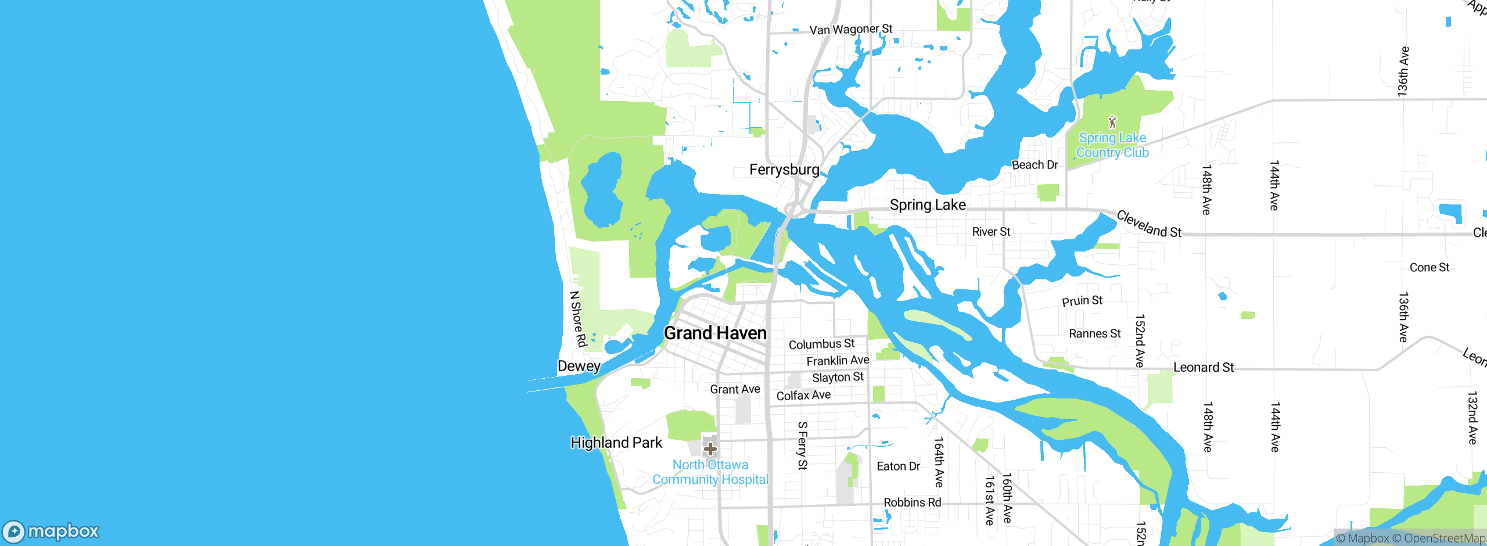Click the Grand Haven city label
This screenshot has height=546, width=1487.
point(715,333)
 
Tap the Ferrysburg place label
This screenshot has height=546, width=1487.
point(784,170)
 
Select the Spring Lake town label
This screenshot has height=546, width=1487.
point(928,205)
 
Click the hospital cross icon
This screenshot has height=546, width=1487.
point(710,449)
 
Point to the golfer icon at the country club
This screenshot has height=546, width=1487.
point(1112,122)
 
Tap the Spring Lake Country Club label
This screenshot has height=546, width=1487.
point(1112,145)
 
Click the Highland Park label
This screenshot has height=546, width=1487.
point(616,443)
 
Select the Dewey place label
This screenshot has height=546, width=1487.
point(579,366)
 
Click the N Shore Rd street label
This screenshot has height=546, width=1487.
point(578,319)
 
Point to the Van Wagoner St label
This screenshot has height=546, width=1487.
point(851,29)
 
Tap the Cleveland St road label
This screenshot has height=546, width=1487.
point(1149,224)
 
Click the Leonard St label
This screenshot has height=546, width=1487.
point(1204,367)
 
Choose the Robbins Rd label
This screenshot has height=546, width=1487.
point(912,502)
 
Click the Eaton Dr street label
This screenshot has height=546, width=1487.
point(898,466)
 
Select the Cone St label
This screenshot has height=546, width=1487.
point(1429,267)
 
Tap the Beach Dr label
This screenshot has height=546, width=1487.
point(1035,165)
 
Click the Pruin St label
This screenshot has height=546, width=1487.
point(1082,301)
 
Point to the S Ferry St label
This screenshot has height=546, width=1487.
point(802,446)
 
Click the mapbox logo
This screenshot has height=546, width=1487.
point(51,531)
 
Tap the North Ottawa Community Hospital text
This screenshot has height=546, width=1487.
point(710,472)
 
